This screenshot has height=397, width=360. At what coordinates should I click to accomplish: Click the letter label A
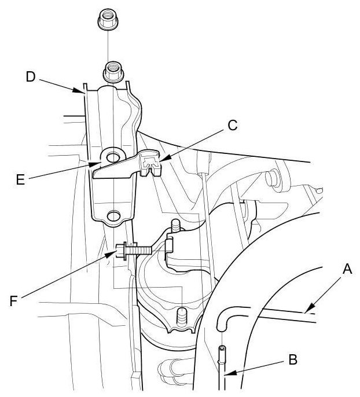[347, 269]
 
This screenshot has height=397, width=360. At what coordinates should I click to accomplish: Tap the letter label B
[293, 360]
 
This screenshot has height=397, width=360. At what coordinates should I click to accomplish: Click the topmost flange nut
[108, 21]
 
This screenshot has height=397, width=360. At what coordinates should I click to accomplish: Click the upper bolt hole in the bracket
[112, 156]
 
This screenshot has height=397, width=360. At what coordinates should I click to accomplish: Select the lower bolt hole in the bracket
[113, 215]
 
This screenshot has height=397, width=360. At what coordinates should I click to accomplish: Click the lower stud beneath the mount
[181, 317]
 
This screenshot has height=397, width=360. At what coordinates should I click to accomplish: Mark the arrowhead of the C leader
[159, 160]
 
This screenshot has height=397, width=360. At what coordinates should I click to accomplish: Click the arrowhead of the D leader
[82, 91]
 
